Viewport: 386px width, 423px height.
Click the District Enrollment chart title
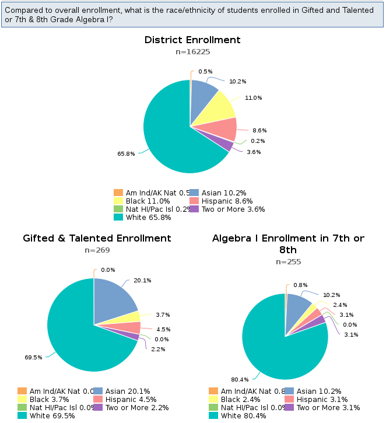point(192,40)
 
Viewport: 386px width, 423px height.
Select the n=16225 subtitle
point(192,52)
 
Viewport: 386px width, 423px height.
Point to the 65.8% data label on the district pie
point(126,154)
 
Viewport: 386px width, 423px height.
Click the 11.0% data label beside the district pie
point(253,97)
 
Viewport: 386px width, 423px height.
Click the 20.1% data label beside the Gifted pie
point(142,280)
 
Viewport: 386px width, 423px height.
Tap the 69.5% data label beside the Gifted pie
point(33,357)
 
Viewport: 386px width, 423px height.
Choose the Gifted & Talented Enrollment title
point(97,238)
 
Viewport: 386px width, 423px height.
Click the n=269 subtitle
point(97,250)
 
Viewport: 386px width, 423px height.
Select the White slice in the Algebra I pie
point(274,350)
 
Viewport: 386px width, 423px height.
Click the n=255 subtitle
point(288,262)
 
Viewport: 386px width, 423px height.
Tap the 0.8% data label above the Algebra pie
point(301,285)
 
